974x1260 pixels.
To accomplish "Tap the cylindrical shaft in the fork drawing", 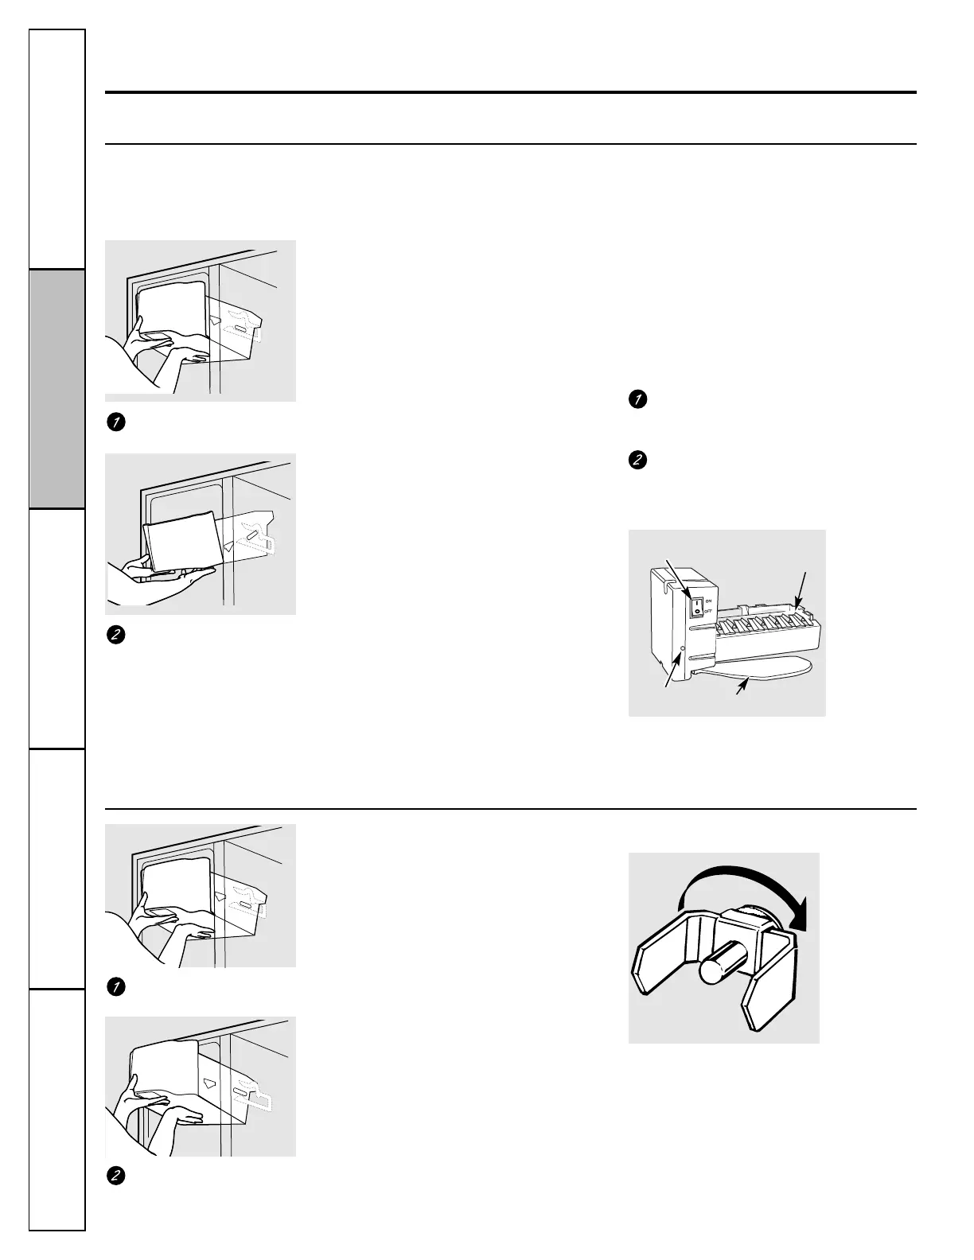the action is point(720,963).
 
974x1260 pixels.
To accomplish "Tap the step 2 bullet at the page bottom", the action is point(115,1176).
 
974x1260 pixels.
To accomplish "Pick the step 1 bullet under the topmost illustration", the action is point(115,422).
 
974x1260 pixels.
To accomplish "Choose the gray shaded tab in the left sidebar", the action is point(57,389).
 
